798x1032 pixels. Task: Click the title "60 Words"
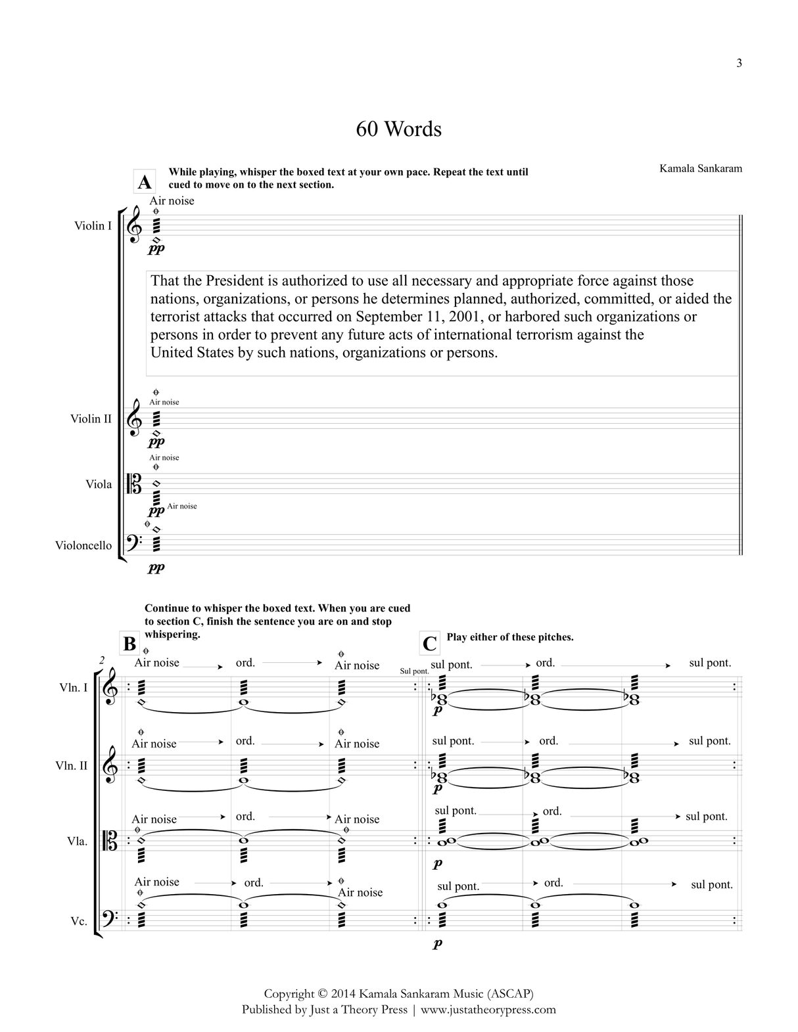(x=398, y=129)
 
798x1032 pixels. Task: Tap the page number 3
(x=739, y=64)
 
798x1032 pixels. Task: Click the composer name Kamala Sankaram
(x=701, y=168)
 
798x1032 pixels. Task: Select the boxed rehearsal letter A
(x=144, y=182)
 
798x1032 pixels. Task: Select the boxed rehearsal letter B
(x=129, y=644)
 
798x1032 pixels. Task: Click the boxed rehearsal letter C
(x=429, y=643)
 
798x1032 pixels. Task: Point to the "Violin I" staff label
(x=93, y=226)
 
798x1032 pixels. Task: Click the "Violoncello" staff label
(x=83, y=545)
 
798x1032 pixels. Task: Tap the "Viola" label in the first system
(x=99, y=484)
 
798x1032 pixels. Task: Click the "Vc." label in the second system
(x=79, y=921)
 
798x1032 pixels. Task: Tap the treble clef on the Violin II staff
(x=134, y=418)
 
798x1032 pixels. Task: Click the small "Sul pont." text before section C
(x=414, y=671)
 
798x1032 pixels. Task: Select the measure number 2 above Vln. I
(x=102, y=660)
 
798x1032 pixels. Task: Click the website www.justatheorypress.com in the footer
(x=488, y=1010)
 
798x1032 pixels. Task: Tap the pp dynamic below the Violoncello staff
(x=156, y=568)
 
